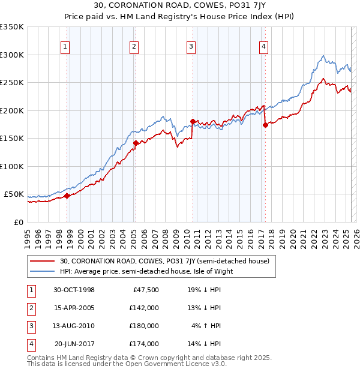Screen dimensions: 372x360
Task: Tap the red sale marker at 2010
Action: (x=193, y=121)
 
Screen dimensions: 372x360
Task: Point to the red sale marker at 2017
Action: (x=265, y=125)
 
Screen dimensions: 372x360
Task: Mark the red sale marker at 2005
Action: (x=136, y=143)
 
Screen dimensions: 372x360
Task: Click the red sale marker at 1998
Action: (x=67, y=196)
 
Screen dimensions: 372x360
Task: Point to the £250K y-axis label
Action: (x=12, y=83)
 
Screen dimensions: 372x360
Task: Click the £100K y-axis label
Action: (x=12, y=166)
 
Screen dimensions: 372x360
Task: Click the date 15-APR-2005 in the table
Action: (x=74, y=308)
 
